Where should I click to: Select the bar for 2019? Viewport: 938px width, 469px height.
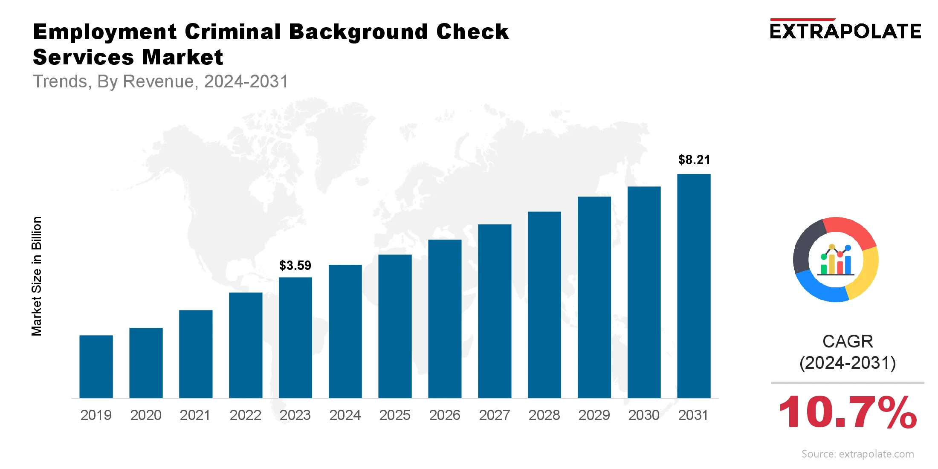coord(96,367)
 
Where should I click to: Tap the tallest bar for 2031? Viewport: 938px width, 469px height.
coord(694,286)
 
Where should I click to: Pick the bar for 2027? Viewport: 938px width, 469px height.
coord(495,311)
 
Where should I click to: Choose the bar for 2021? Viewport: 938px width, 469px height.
coord(196,354)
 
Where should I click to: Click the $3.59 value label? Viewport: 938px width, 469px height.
coord(295,266)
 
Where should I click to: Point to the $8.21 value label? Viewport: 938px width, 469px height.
coord(694,160)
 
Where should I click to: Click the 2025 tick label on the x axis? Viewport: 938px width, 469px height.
coord(395,415)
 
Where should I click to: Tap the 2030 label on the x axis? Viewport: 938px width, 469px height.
coord(644,415)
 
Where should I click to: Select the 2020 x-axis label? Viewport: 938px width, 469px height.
coord(146,415)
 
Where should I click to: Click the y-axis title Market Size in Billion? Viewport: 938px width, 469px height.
coord(37,276)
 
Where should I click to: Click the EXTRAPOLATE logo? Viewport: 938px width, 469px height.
coord(845,31)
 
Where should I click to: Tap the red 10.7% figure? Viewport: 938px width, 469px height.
coord(847,412)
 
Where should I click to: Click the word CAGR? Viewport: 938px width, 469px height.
coord(848,342)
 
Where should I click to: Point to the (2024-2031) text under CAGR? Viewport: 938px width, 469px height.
coord(848,363)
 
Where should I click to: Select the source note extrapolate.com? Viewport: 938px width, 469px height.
coord(857,454)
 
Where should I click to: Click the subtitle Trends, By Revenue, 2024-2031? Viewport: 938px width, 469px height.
coord(161,81)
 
